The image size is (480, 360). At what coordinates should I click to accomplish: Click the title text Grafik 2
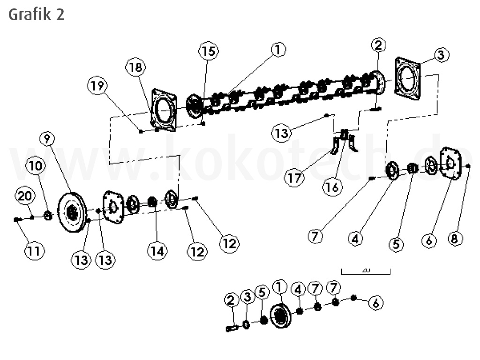pos(36,15)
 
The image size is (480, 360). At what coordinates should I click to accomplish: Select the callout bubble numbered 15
pos(208,51)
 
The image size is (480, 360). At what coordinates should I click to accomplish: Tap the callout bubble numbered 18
pos(135,67)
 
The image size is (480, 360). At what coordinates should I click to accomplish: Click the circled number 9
pos(47,138)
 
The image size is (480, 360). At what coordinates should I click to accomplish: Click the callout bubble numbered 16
pos(332,186)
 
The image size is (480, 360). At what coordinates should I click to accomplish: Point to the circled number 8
pos(454,238)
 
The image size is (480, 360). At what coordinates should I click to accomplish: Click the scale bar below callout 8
pos(366,271)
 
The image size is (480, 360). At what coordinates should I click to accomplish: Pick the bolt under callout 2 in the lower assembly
pos(231,329)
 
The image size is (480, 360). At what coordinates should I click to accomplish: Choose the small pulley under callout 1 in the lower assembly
pos(281,316)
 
